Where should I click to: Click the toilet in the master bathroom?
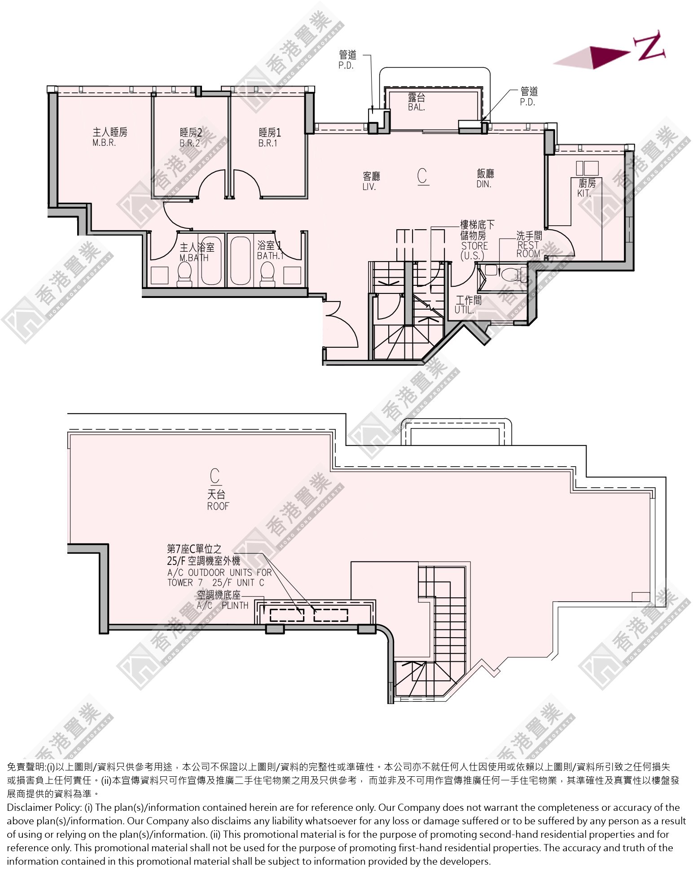tap(184, 274)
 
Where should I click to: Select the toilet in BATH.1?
tap(268, 274)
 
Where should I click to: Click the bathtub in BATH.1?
tap(240, 261)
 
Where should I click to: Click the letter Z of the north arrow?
tap(649, 45)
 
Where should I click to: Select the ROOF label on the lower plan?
tap(218, 506)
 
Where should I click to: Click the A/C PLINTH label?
tap(223, 605)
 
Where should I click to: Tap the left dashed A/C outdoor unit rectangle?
tap(287, 615)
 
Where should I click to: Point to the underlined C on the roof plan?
tap(215, 477)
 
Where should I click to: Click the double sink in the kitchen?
tap(588, 168)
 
